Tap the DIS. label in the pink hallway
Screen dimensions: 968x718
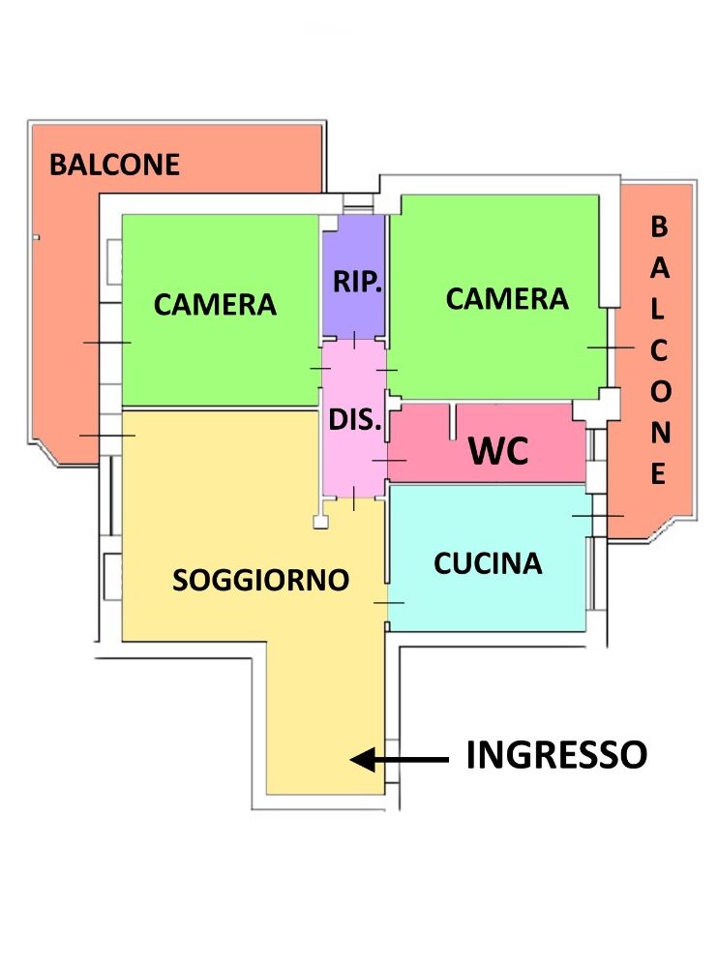pyautogui.click(x=356, y=421)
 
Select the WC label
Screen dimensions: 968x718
pyautogui.click(x=498, y=451)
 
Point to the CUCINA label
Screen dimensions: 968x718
pyautogui.click(x=488, y=562)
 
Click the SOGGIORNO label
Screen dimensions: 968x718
pyautogui.click(x=260, y=580)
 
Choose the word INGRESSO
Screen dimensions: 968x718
pyautogui.click(x=555, y=755)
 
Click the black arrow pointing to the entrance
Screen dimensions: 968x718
pyautogui.click(x=399, y=761)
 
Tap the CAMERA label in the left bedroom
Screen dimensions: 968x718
pyautogui.click(x=215, y=305)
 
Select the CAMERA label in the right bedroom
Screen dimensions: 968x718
pyautogui.click(x=506, y=299)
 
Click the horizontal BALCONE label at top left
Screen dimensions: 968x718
pyautogui.click(x=114, y=165)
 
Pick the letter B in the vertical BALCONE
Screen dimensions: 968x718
pyautogui.click(x=658, y=227)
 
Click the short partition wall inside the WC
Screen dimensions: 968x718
pyautogui.click(x=451, y=422)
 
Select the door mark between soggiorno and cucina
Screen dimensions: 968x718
pyautogui.click(x=388, y=602)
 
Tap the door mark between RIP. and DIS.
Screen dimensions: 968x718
pyautogui.click(x=354, y=340)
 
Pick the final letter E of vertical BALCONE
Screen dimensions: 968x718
pyautogui.click(x=658, y=474)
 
